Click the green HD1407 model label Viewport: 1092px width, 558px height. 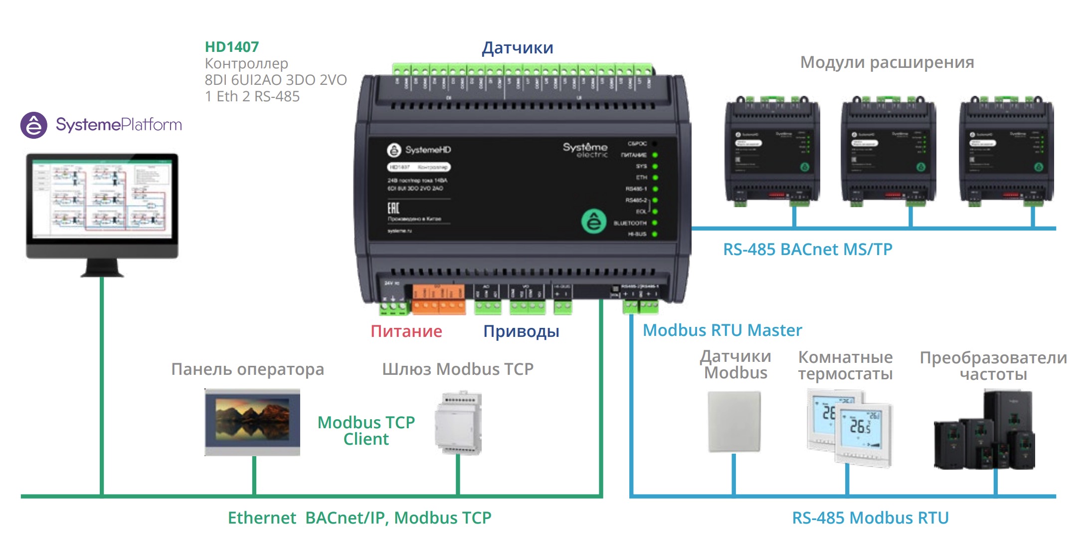click(x=232, y=47)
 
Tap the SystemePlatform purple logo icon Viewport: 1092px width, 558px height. click(x=33, y=125)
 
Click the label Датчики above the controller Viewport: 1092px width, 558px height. click(x=517, y=48)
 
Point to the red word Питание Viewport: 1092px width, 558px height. click(x=406, y=331)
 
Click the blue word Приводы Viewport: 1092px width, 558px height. click(x=521, y=331)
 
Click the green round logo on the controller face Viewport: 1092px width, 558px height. click(x=593, y=221)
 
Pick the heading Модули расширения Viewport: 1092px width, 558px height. click(x=887, y=62)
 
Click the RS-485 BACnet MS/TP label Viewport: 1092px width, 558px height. click(x=807, y=249)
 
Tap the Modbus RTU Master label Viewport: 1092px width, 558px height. click(x=722, y=330)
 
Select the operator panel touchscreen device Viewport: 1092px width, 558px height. click(x=252, y=422)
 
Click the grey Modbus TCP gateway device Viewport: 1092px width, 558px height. click(x=458, y=423)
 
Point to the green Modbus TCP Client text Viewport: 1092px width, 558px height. click(x=366, y=430)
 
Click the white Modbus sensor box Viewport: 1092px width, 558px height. click(x=734, y=422)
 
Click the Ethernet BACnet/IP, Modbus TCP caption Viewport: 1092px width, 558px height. click(x=359, y=518)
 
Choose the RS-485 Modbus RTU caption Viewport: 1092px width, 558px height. click(x=870, y=518)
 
